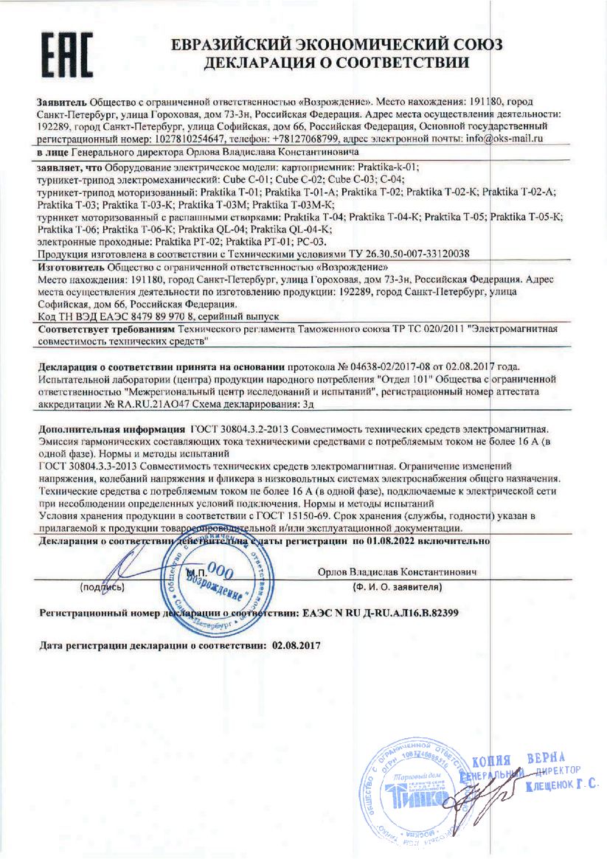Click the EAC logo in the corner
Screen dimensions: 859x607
pos(66,55)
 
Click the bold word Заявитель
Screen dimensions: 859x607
pos(62,100)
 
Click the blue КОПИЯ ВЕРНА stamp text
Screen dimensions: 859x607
pos(518,760)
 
